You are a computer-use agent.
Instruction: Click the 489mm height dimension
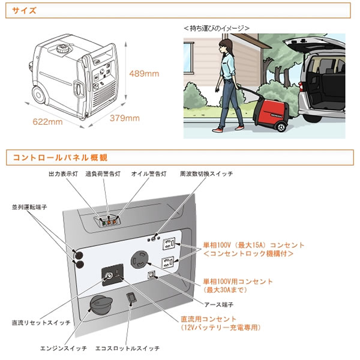click(x=145, y=74)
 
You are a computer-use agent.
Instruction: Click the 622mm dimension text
click(x=47, y=122)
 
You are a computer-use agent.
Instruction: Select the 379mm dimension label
click(x=125, y=118)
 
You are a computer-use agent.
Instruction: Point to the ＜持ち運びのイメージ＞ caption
click(x=216, y=28)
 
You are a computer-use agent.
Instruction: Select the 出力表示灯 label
click(x=62, y=173)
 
